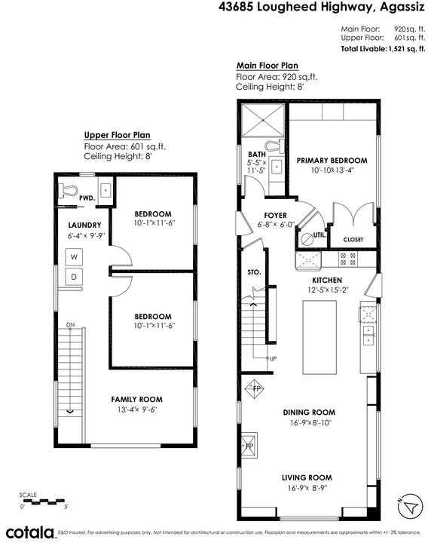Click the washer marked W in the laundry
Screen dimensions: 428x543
[74, 257]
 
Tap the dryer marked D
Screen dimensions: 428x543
[74, 277]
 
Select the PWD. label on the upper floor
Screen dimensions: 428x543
[87, 198]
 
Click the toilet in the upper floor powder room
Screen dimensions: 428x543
[67, 191]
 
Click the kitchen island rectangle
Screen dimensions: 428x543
[319, 337]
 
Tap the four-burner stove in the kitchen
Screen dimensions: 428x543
[347, 259]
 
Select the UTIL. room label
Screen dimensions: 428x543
[319, 235]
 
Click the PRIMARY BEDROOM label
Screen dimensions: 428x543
[332, 161]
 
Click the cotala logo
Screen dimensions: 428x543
[30, 532]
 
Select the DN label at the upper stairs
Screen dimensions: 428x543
[71, 324]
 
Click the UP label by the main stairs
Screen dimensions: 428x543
[273, 358]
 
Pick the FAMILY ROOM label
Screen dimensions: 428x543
[136, 399]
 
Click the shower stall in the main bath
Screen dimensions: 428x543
[263, 119]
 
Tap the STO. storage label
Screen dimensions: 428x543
[254, 272]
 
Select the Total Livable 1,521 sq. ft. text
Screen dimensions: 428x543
[383, 49]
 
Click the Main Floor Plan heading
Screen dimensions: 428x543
[267, 66]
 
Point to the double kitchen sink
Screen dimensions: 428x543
[368, 336]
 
